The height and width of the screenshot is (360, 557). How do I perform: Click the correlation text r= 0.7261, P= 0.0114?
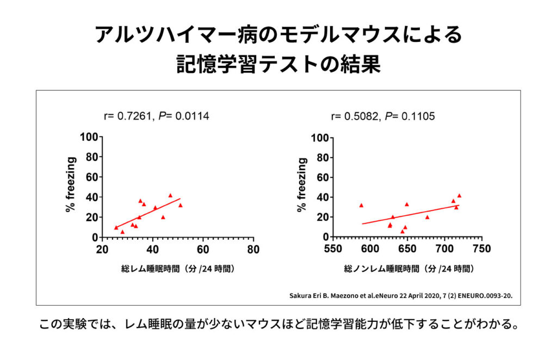pyautogui.click(x=156, y=116)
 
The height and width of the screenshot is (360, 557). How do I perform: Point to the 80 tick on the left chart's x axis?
pyautogui.click(x=253, y=249)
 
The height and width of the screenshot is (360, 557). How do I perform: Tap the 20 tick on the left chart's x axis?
pyautogui.click(x=102, y=249)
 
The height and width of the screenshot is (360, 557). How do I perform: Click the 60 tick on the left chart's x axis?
pyautogui.click(x=203, y=249)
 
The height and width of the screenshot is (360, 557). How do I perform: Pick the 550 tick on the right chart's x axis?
pyautogui.click(x=333, y=249)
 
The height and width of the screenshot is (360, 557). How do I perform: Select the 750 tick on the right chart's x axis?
pyautogui.click(x=481, y=249)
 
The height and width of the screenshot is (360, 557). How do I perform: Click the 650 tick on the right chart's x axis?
pyautogui.click(x=407, y=249)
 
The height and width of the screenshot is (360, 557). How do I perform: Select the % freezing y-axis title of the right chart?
pyautogui.click(x=302, y=185)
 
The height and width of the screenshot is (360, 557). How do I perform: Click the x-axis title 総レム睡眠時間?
pyautogui.click(x=177, y=269)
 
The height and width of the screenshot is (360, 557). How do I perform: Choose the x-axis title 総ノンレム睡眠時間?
pyautogui.click(x=409, y=269)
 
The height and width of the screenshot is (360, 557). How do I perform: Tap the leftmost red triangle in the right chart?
pyautogui.click(x=361, y=206)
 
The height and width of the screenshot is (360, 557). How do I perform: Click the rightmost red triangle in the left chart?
pyautogui.click(x=180, y=206)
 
